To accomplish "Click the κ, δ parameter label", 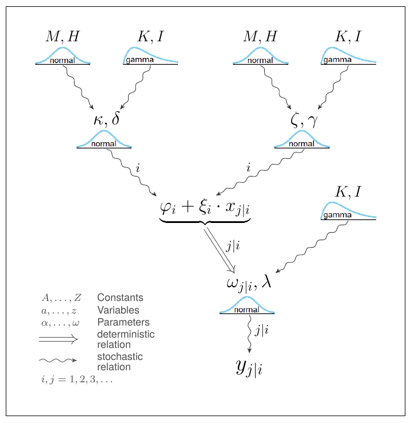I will tap(106, 120).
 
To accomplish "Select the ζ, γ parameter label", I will tap(304, 120).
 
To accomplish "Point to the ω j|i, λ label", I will tap(249, 283).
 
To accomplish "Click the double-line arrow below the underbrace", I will tap(220, 248).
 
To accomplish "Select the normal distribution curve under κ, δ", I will tap(104, 139).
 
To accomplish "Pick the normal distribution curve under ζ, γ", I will tap(301, 139).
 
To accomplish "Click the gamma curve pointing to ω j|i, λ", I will tap(347, 211).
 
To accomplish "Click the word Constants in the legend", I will tap(120, 298).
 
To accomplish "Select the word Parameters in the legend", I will tap(123, 322).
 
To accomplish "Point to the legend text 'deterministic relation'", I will tap(126, 339).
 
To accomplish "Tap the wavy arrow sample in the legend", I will tap(57, 360).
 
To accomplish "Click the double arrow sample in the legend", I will tap(58, 339).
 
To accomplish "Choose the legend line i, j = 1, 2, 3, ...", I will tap(76, 379).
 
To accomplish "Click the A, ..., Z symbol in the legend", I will tap(61, 298).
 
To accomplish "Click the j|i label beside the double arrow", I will tap(233, 246).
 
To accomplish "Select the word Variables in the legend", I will tap(118, 310).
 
